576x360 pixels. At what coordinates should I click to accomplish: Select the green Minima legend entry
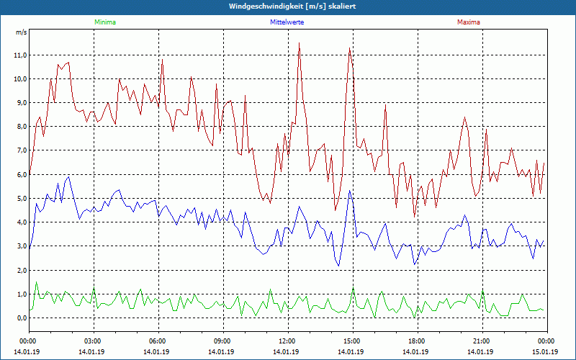click(x=104, y=22)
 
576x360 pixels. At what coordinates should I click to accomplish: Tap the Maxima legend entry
click(x=468, y=22)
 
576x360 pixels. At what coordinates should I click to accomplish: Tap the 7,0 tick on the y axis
click(x=21, y=150)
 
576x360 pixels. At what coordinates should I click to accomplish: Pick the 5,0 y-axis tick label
click(x=21, y=198)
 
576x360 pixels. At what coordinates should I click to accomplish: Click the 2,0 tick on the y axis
click(x=21, y=270)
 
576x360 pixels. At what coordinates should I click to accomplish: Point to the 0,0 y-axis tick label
click(x=21, y=318)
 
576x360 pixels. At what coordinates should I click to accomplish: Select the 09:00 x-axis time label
click(x=222, y=341)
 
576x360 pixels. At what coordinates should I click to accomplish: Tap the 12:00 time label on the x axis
click(x=287, y=341)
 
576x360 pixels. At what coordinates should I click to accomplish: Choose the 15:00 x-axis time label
click(x=352, y=341)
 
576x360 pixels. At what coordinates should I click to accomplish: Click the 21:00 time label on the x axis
click(x=482, y=341)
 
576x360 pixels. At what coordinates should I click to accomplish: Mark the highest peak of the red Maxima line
click(x=299, y=43)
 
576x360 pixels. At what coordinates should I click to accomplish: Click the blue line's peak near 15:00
click(x=349, y=191)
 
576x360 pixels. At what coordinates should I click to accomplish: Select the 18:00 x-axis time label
click(x=417, y=341)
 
